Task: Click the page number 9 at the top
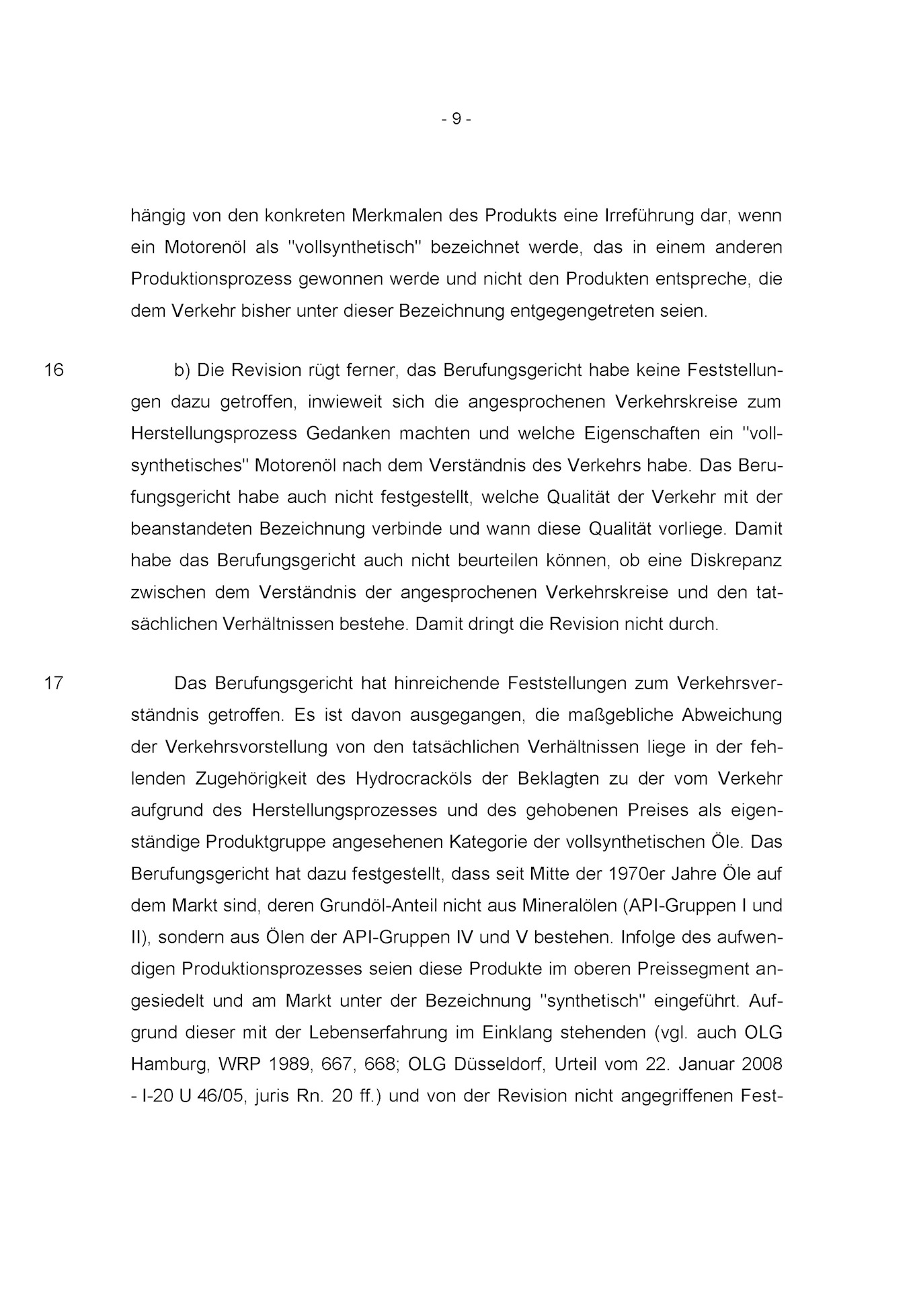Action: [457, 119]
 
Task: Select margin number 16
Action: [54, 370]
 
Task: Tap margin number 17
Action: [54, 683]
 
